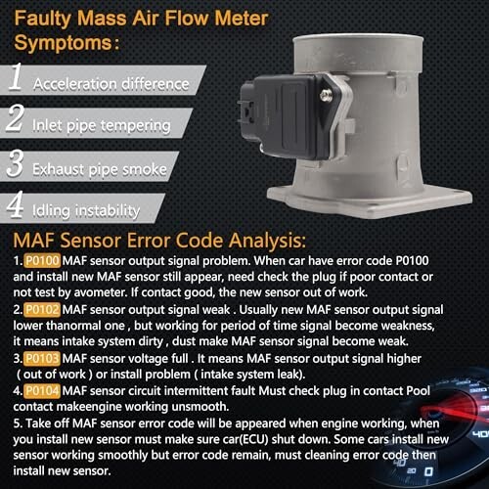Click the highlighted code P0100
click(42, 261)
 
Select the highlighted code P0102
click(42, 310)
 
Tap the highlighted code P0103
click(42, 359)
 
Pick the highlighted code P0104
click(42, 391)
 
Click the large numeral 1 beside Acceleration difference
click(16, 77)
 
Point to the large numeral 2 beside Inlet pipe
click(15, 118)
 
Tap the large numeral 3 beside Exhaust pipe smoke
click(15, 163)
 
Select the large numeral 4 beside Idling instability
click(15, 204)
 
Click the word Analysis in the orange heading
click(267, 241)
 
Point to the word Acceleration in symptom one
click(75, 84)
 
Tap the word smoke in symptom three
click(149, 169)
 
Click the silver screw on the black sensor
click(326, 95)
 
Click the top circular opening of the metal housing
click(358, 40)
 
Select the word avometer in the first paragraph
click(101, 292)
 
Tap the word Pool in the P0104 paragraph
click(419, 391)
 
